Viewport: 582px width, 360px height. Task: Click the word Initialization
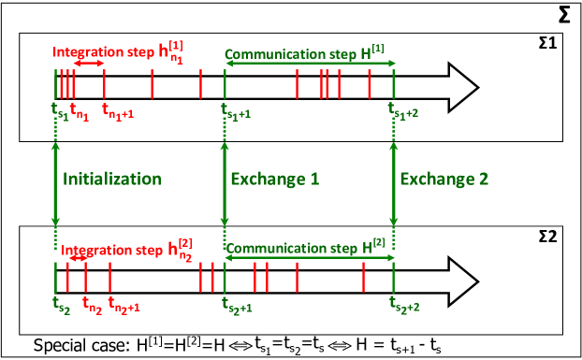(112, 179)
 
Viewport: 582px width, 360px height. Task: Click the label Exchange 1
(275, 179)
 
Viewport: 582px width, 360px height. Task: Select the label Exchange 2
(444, 179)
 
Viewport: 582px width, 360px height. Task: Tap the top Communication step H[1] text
(305, 53)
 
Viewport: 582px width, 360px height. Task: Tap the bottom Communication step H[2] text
(305, 248)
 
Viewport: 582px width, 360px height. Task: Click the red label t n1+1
(117, 111)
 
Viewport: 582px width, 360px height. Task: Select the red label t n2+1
(124, 305)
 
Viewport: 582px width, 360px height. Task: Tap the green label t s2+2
(405, 305)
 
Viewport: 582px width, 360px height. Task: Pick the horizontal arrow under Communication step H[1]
(309, 65)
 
